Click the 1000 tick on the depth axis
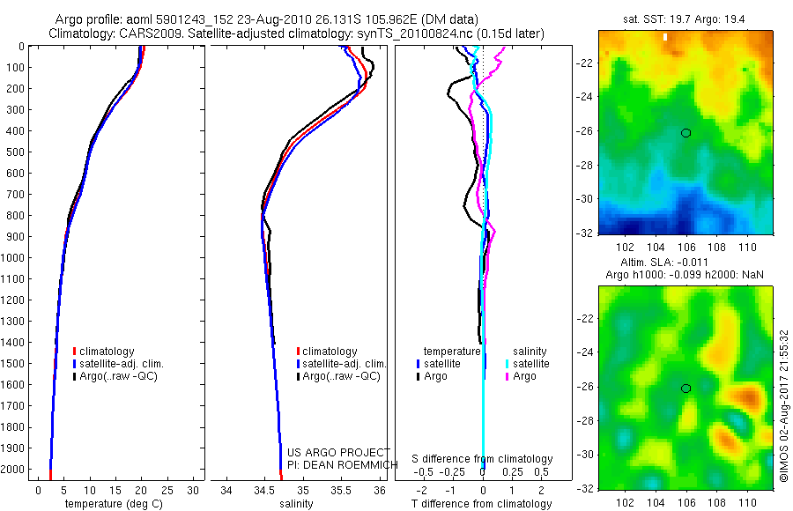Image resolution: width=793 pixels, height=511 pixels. (16, 258)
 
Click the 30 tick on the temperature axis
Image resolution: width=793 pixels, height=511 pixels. (194, 490)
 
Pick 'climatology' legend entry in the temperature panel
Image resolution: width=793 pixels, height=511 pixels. (108, 352)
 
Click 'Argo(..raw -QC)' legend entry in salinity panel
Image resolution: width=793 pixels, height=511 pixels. (341, 376)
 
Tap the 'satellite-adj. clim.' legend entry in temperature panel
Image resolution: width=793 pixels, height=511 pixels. (122, 364)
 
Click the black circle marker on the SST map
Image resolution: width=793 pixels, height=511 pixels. (686, 133)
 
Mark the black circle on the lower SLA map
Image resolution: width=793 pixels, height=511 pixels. (686, 389)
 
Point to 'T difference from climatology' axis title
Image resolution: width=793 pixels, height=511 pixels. (483, 504)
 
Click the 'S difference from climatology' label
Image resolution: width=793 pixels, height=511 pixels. (483, 459)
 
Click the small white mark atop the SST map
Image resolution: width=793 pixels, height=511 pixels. (666, 37)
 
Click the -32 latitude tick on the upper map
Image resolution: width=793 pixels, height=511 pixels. (586, 233)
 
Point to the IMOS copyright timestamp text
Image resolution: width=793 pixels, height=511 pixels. (784, 408)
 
